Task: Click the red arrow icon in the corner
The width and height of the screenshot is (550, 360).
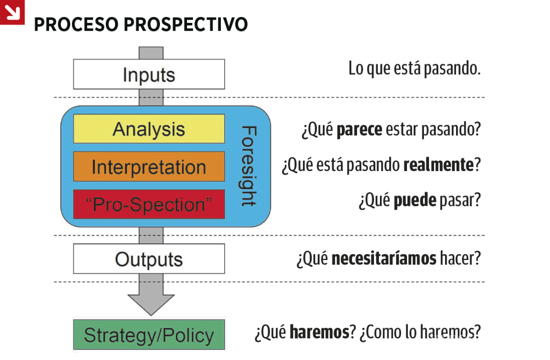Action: (12, 12)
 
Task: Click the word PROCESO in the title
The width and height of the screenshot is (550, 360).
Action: (77, 24)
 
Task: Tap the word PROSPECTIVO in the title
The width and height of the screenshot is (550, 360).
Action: (186, 24)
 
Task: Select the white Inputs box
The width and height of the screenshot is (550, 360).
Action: (149, 74)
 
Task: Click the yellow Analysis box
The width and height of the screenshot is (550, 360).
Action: (149, 129)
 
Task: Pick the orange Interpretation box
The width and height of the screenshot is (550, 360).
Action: (149, 166)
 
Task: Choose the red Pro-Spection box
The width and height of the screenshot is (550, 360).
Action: (149, 204)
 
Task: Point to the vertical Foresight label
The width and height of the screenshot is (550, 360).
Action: (249, 166)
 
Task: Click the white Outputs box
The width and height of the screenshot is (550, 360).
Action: (149, 259)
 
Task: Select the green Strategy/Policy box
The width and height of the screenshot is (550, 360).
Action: (149, 335)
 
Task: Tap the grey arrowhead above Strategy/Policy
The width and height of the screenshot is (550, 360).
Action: (151, 305)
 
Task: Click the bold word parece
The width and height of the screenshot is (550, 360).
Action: (359, 129)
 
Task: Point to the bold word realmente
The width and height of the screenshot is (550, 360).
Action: (439, 165)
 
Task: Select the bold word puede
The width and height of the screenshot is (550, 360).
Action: (415, 200)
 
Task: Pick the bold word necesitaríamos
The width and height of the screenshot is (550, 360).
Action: (384, 259)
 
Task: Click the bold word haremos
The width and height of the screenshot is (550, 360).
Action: (319, 332)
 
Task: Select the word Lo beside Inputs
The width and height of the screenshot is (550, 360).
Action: (356, 68)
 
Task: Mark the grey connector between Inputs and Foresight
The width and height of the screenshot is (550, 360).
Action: (151, 98)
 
